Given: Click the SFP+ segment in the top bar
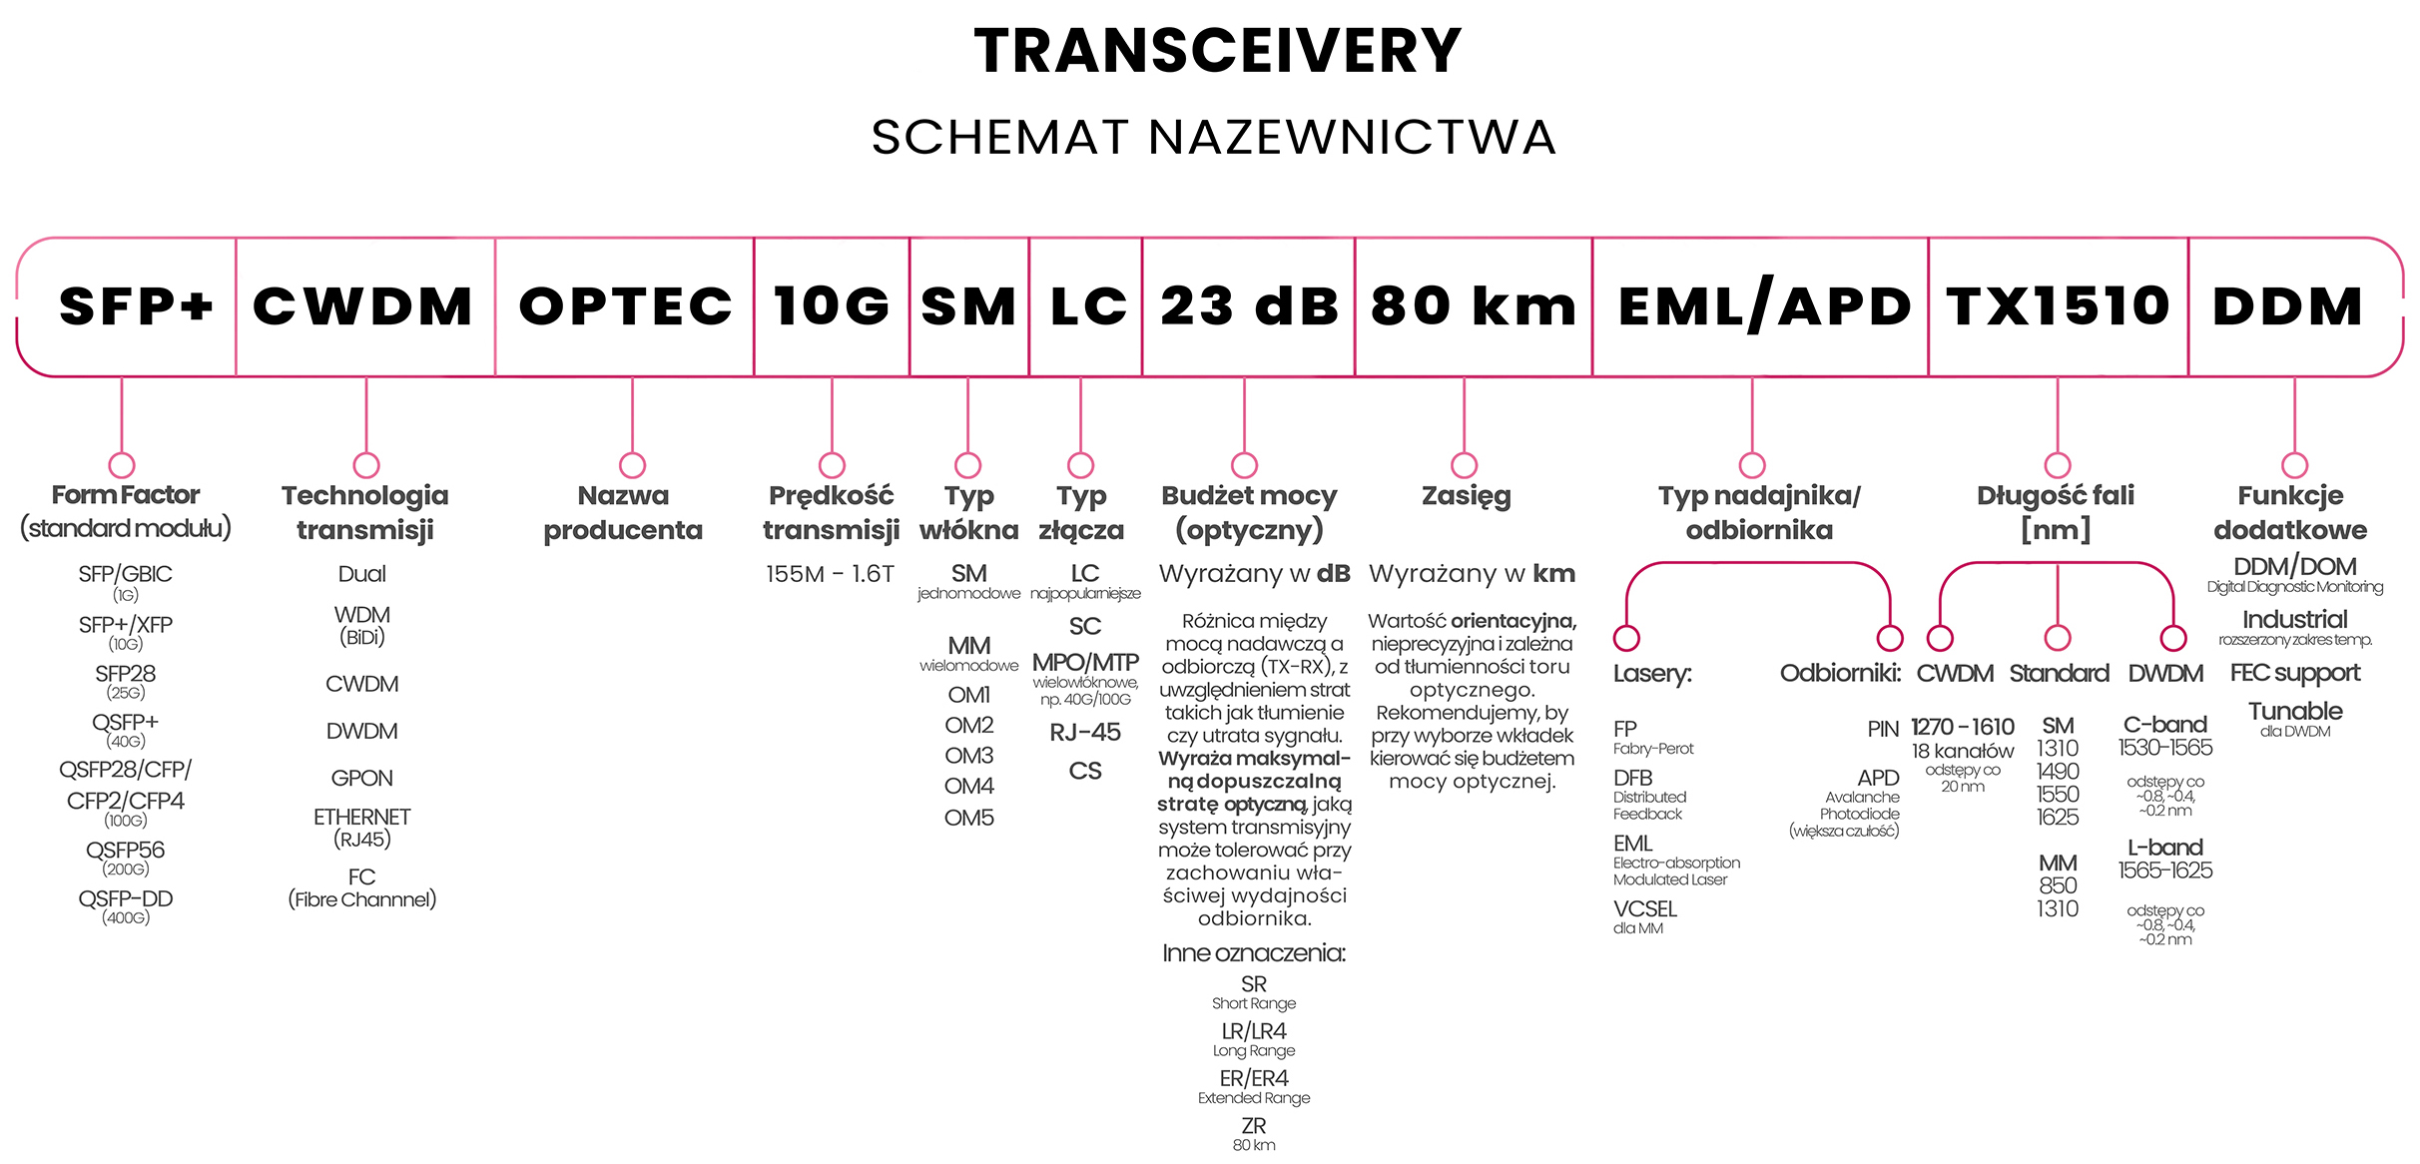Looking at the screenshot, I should click(x=136, y=305).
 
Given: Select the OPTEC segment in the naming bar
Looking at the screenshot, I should click(x=625, y=305).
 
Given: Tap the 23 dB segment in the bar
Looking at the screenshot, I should click(x=1249, y=305).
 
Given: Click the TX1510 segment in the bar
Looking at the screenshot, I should click(x=2058, y=305).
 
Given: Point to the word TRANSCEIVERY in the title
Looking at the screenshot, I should click(x=1217, y=52).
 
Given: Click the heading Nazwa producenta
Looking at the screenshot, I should click(x=623, y=512).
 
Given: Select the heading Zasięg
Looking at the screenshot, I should click(x=1466, y=495).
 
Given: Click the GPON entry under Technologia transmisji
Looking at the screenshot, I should click(x=361, y=778).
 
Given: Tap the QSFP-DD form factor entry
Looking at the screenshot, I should click(x=126, y=899).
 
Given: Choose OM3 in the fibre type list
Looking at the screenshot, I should click(x=968, y=756).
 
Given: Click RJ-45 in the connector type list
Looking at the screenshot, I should click(x=1084, y=733).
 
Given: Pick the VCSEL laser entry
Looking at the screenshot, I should click(x=1645, y=909).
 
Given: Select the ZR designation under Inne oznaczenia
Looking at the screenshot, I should click(x=1253, y=1126).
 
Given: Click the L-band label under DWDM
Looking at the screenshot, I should click(x=2164, y=848).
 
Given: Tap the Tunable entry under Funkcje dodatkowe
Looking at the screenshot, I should click(x=2295, y=712).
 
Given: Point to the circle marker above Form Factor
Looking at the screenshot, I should click(x=122, y=465).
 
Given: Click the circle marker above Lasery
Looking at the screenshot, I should click(x=1627, y=638).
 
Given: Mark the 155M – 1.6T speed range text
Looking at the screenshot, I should click(x=830, y=574).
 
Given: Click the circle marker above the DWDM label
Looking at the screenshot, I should click(x=2172, y=638).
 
